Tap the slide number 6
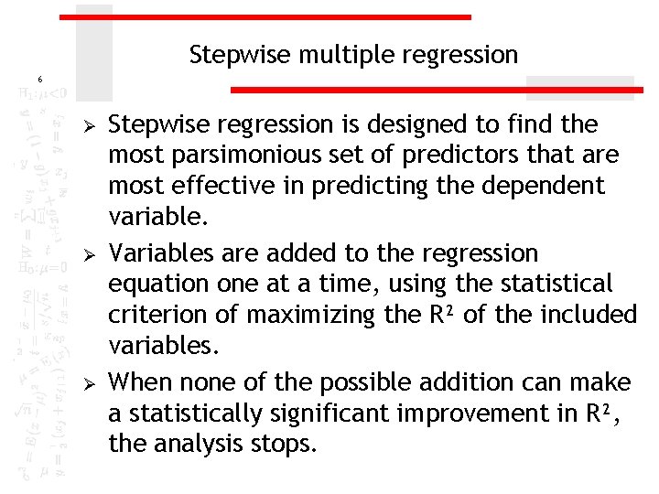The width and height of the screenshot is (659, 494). tap(39, 80)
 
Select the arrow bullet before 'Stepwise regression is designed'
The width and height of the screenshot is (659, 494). tap(88, 124)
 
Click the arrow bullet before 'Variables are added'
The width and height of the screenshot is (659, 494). tap(88, 253)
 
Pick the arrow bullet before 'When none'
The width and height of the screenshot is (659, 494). tap(88, 382)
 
